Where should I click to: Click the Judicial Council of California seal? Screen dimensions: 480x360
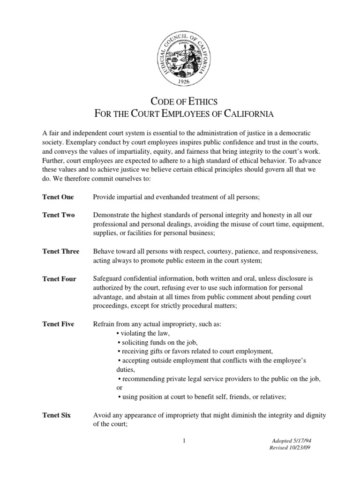180,52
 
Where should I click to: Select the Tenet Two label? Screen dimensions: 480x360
59,215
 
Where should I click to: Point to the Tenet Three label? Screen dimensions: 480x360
61,251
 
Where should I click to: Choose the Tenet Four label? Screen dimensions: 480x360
59,279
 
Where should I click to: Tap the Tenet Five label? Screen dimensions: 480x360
59,324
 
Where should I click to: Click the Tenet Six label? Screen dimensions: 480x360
57,415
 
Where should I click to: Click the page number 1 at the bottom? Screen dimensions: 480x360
185,440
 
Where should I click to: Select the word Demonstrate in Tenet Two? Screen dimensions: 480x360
113,215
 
